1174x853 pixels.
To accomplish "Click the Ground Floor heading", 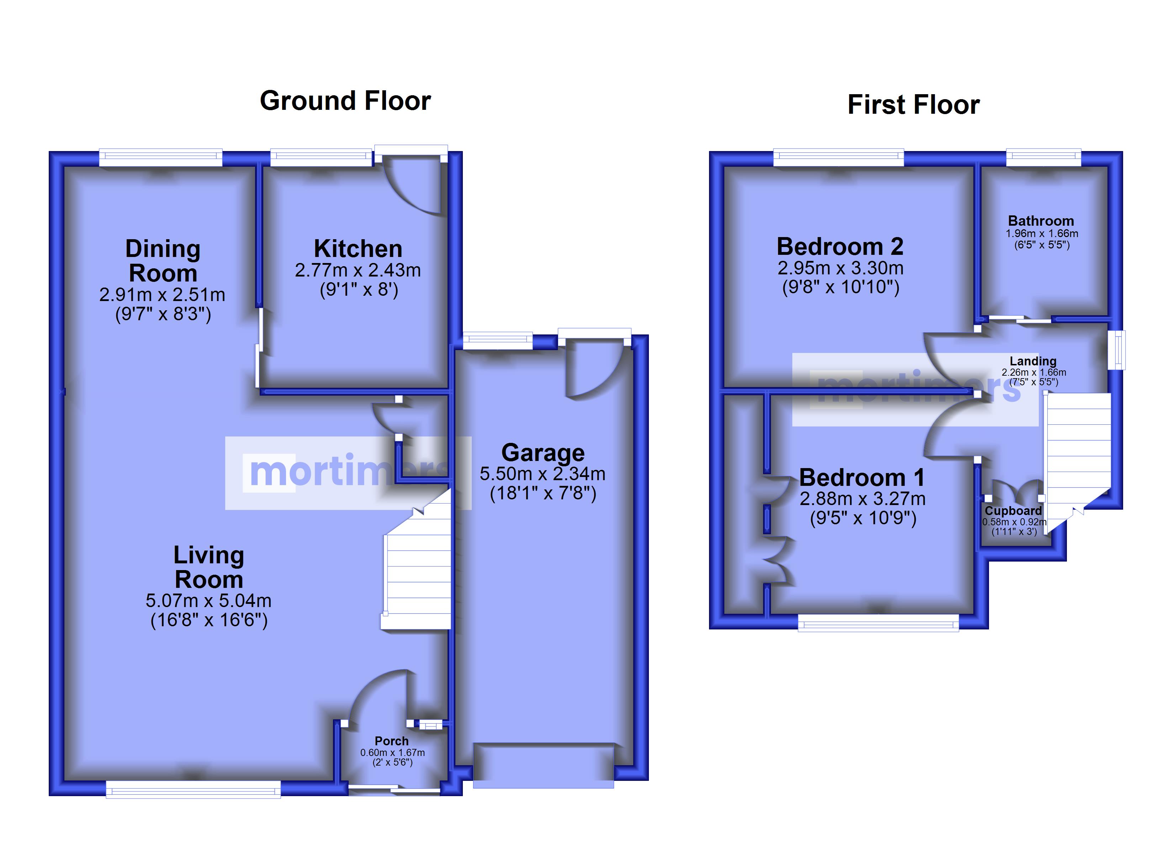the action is coord(345,101).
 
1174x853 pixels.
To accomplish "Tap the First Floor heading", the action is coord(914,104).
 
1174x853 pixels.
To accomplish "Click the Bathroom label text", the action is coord(1041,221).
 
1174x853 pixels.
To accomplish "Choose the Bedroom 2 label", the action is coord(840,246).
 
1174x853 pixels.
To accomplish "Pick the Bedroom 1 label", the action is coord(862,477).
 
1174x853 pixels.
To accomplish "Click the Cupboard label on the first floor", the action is coord(1013,511).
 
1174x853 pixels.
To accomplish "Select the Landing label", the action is coord(1033,361).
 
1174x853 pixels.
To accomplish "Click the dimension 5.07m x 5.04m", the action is coord(208,601).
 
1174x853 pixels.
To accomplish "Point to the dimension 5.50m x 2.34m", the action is coord(543,474).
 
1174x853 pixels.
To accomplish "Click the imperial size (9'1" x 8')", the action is coord(359,289).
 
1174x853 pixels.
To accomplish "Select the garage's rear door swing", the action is coord(595,370).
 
